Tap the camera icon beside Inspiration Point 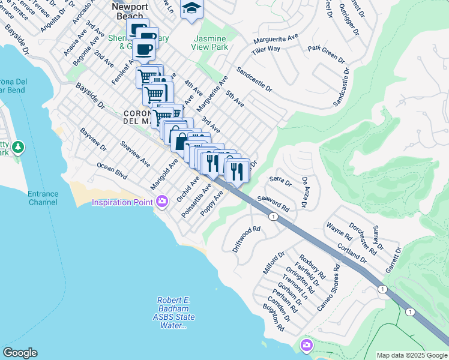161,202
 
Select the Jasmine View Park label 209,41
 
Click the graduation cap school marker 191,8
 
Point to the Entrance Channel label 43,198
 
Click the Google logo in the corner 20,353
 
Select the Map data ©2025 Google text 412,355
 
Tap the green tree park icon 18,147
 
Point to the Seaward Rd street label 273,203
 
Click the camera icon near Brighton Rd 307,345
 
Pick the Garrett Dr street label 393,259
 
